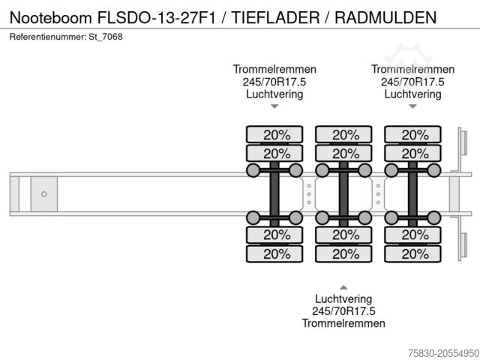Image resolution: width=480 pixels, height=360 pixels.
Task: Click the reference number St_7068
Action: click(106, 37)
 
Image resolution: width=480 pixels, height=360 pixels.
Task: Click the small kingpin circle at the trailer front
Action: click(43, 194)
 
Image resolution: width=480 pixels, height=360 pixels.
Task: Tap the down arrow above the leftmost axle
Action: click(274, 106)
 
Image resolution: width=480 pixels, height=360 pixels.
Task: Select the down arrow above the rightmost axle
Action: click(412, 106)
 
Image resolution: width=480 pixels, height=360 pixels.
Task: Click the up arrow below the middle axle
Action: click(343, 287)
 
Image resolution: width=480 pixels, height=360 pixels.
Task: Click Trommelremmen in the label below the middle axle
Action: click(343, 323)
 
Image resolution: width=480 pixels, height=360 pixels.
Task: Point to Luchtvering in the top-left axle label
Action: click(274, 94)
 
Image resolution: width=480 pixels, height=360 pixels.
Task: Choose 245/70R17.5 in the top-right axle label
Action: click(412, 82)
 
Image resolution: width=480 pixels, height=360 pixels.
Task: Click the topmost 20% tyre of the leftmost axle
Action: click(274, 135)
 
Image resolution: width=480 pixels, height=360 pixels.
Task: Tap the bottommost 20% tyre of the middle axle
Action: click(343, 253)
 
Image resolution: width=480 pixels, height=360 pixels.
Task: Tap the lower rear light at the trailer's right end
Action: click(463, 246)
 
